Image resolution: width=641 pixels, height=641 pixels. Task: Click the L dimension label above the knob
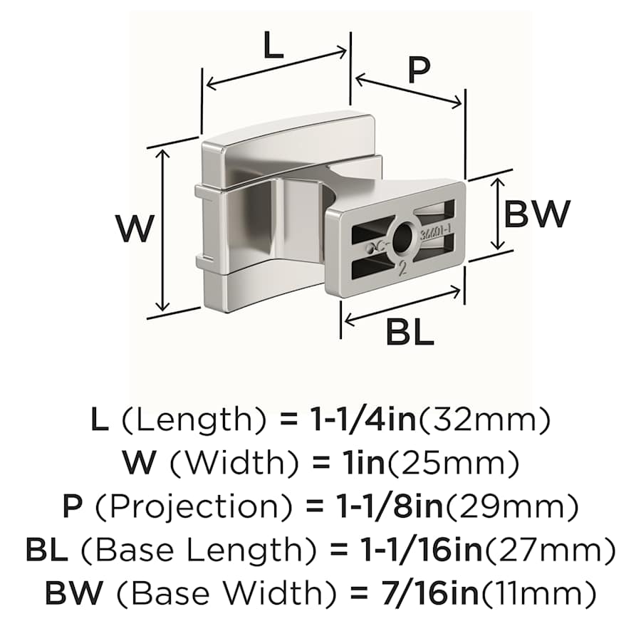coord(273,46)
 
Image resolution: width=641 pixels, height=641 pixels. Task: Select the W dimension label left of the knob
coord(135,229)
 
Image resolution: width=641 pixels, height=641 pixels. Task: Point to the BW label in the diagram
coord(537,214)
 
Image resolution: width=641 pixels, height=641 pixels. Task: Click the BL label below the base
coord(410,333)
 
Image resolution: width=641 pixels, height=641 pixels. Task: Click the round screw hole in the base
coord(404,236)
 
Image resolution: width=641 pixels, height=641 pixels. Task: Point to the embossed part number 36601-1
coord(435,234)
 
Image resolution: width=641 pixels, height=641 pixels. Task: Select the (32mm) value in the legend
coord(484,421)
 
